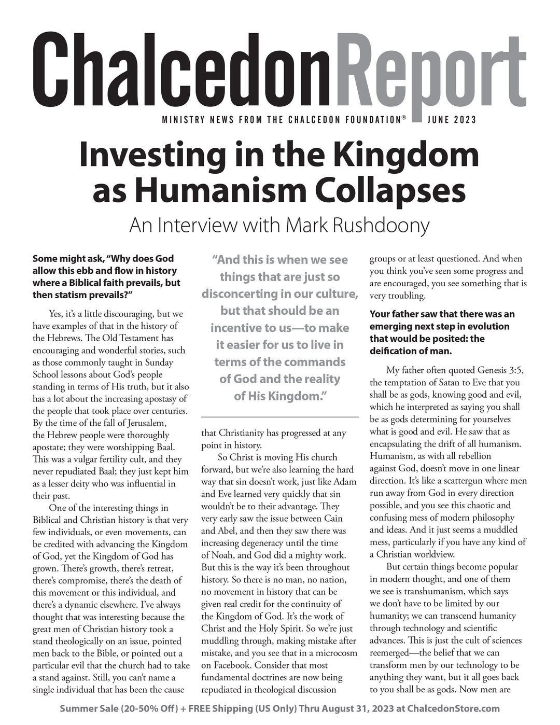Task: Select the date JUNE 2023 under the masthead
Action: tap(452, 120)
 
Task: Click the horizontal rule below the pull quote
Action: tap(279, 416)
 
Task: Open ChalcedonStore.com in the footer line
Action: tap(454, 708)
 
